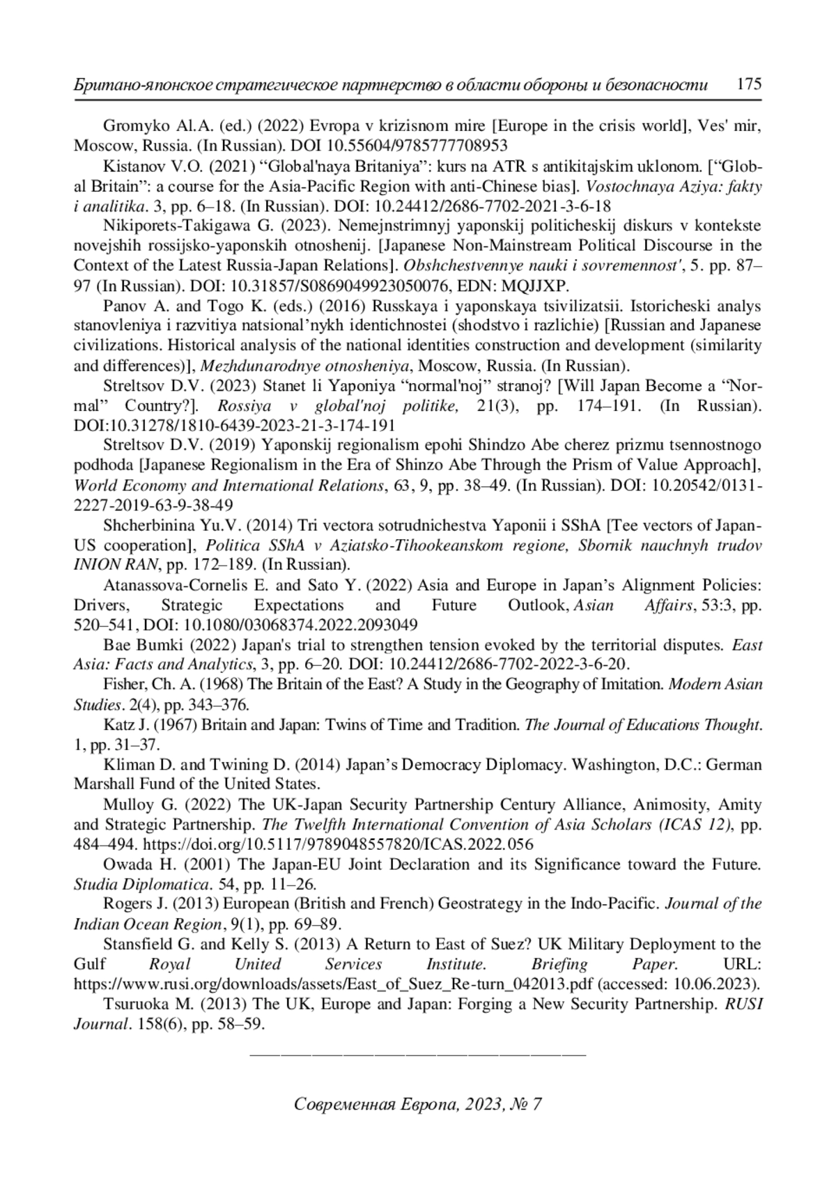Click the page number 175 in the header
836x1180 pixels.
point(749,84)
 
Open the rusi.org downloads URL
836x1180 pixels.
point(334,984)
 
